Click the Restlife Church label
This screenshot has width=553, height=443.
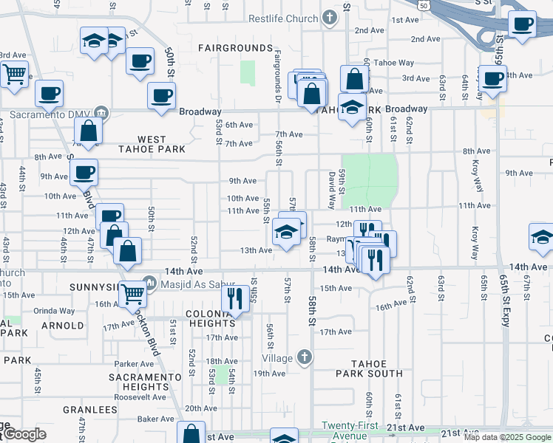[282, 18]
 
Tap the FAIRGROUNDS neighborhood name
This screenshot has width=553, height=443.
[236, 48]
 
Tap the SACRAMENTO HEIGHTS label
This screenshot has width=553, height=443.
[145, 382]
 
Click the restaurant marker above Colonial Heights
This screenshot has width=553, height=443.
[234, 298]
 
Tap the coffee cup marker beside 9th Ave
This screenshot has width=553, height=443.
[84, 173]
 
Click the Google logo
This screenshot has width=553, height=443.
[24, 434]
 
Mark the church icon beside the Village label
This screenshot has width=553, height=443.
[303, 358]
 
